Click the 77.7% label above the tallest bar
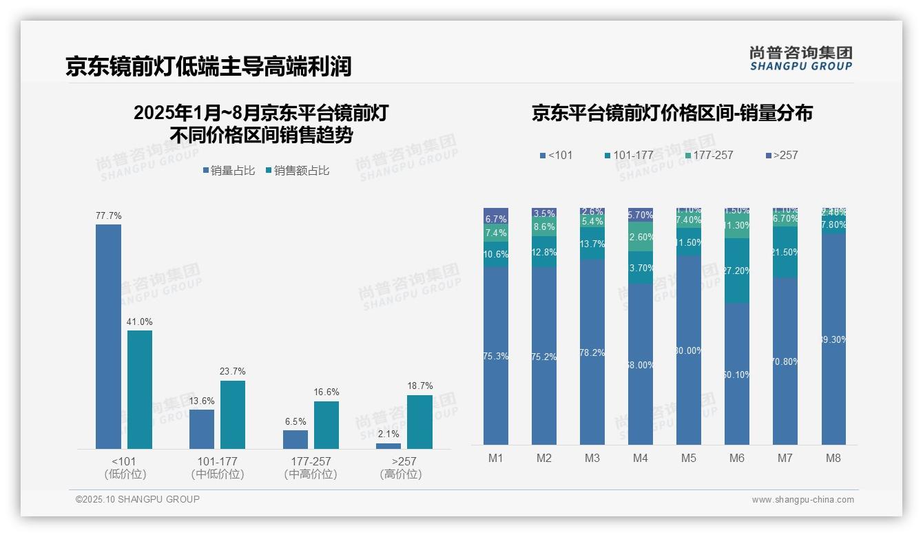pos(108,216)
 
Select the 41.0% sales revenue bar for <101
pos(140,390)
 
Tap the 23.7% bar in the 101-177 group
pos(233,414)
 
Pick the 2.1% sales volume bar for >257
pos(388,446)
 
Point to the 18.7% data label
pos(419,386)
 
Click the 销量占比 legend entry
pos(229,171)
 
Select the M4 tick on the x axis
pos(640,458)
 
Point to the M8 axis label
pos(833,458)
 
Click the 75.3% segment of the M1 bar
pos(496,356)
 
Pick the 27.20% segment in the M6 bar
pos(737,271)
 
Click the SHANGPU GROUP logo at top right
pos(800,58)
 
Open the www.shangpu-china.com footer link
pos(802,500)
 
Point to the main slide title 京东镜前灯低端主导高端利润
pos(209,66)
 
